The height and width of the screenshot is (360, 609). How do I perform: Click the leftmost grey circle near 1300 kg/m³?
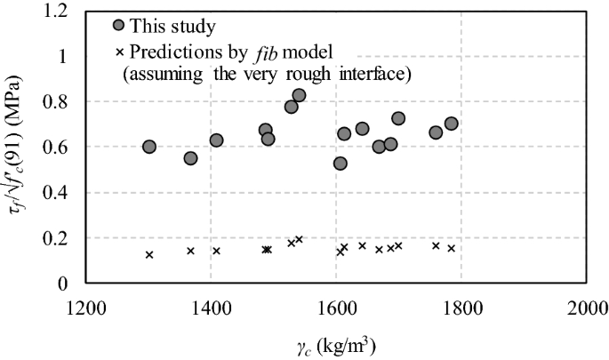click(x=149, y=147)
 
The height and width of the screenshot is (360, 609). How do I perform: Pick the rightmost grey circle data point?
click(x=451, y=124)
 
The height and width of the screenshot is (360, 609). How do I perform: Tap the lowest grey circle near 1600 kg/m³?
click(x=340, y=164)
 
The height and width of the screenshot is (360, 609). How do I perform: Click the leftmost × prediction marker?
click(x=149, y=255)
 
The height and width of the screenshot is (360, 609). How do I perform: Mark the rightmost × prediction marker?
click(x=451, y=248)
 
